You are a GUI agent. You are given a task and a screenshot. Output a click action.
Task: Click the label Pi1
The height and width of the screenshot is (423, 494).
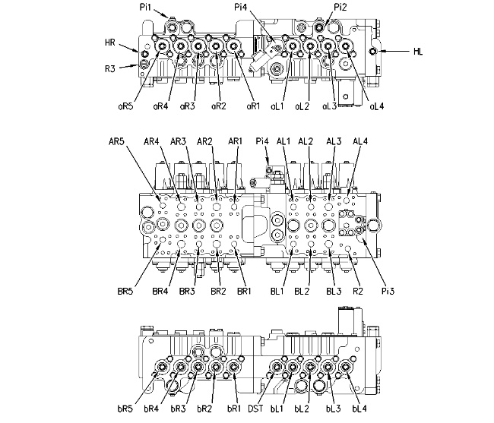pyautogui.click(x=146, y=7)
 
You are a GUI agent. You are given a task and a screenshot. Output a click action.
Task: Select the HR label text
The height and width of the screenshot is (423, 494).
pyautogui.click(x=110, y=43)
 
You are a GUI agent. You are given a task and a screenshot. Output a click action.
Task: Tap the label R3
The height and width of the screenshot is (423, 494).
pyautogui.click(x=110, y=68)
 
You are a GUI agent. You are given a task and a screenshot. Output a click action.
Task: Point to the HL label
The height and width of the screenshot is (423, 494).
pyautogui.click(x=418, y=52)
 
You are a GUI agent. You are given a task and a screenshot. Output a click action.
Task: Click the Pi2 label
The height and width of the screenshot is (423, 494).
pyautogui.click(x=340, y=7)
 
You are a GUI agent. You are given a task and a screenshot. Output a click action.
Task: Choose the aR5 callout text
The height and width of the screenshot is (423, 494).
pyautogui.click(x=125, y=106)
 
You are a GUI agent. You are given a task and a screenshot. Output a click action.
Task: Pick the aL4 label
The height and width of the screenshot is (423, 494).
pyautogui.click(x=377, y=106)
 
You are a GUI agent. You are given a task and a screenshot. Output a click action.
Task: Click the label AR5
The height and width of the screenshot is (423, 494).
pyautogui.click(x=116, y=141)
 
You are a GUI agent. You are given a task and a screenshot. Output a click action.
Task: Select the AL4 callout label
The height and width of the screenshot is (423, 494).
pyautogui.click(x=360, y=141)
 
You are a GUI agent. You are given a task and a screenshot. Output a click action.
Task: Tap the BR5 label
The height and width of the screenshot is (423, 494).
pyautogui.click(x=125, y=291)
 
